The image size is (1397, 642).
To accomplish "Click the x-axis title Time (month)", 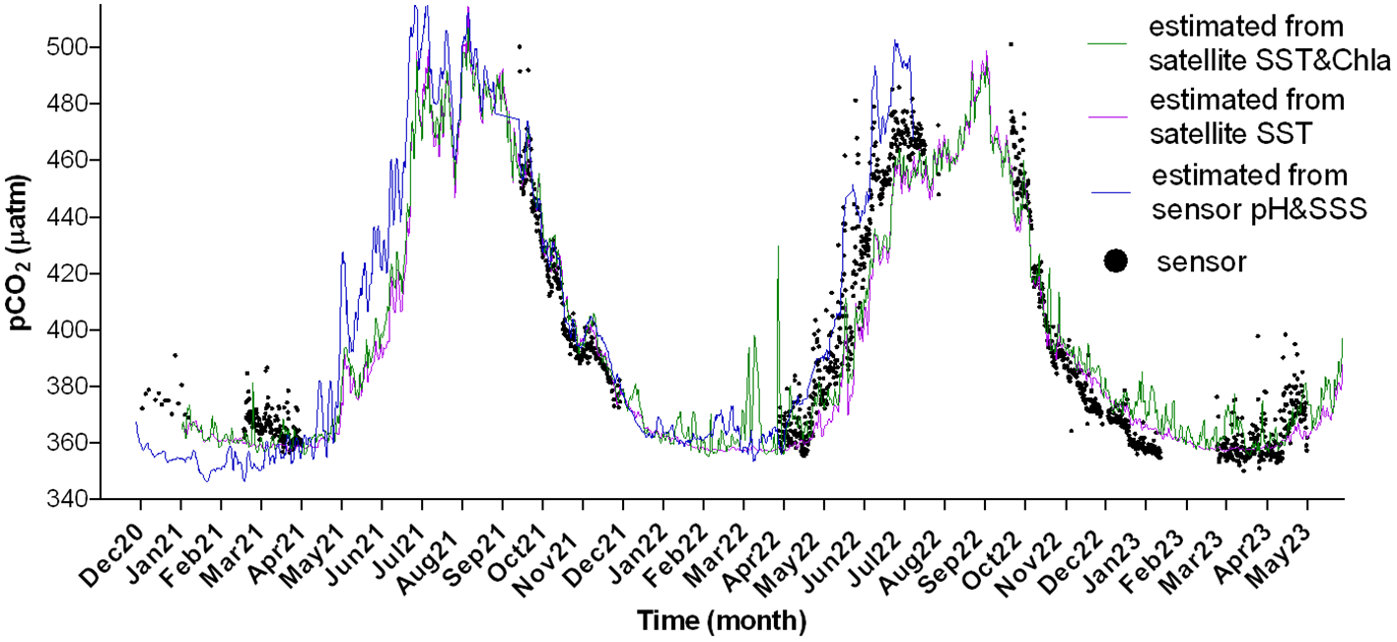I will (x=721, y=621).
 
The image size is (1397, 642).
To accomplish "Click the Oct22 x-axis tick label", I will (x=1008, y=537).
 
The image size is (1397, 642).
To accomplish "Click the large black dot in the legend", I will (x=1115, y=261).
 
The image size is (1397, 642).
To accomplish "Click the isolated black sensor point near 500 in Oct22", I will (x=1011, y=44).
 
